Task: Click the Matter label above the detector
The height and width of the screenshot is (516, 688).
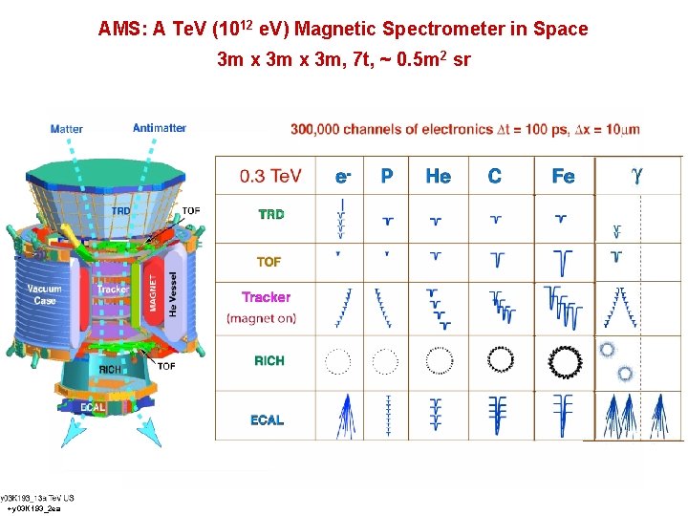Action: (x=66, y=129)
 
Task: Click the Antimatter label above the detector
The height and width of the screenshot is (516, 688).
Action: (x=159, y=128)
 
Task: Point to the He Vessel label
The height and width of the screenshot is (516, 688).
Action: (x=173, y=293)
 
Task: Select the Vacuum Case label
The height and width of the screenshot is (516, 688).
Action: (x=44, y=294)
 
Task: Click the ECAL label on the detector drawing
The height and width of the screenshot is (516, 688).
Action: (x=93, y=407)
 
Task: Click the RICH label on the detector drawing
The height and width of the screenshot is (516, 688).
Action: (x=110, y=369)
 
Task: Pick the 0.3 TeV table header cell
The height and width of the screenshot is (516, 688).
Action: (x=270, y=176)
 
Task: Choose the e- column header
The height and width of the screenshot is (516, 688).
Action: (x=342, y=176)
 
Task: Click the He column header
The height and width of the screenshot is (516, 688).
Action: (x=438, y=176)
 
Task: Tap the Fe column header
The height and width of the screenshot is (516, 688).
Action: (x=563, y=176)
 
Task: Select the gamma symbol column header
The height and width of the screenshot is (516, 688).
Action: (x=637, y=175)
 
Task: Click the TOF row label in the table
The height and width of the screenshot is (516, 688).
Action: (x=269, y=261)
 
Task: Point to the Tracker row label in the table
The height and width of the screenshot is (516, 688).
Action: (x=266, y=297)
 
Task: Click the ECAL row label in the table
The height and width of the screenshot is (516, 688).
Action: (x=268, y=419)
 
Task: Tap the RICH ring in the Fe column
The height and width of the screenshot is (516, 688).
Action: (x=565, y=360)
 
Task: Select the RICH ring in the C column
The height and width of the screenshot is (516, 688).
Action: (x=501, y=360)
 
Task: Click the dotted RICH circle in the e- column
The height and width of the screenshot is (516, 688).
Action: (x=338, y=360)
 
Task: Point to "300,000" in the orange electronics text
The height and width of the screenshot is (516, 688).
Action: (x=315, y=129)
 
